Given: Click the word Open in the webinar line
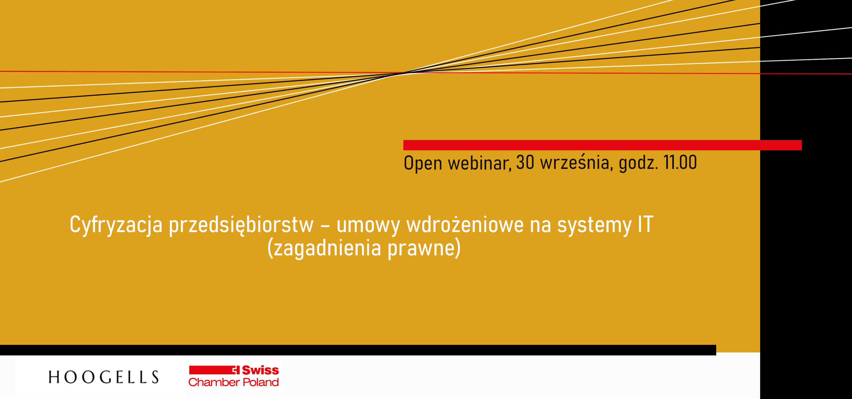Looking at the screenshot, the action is coord(423,163).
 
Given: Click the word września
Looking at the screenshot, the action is coord(576,162).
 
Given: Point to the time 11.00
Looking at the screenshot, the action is coord(680,162).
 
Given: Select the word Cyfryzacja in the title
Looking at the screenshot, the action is coord(116,225).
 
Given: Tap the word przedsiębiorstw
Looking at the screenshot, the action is coord(241,225).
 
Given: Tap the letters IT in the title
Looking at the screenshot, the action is coord(646,224).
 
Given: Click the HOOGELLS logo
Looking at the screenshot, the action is coord(104,377).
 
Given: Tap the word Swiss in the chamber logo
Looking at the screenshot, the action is coord(260,370).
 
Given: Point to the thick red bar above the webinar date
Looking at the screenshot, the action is coord(602,145).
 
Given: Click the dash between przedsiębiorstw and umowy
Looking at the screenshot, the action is coord(325,226).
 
